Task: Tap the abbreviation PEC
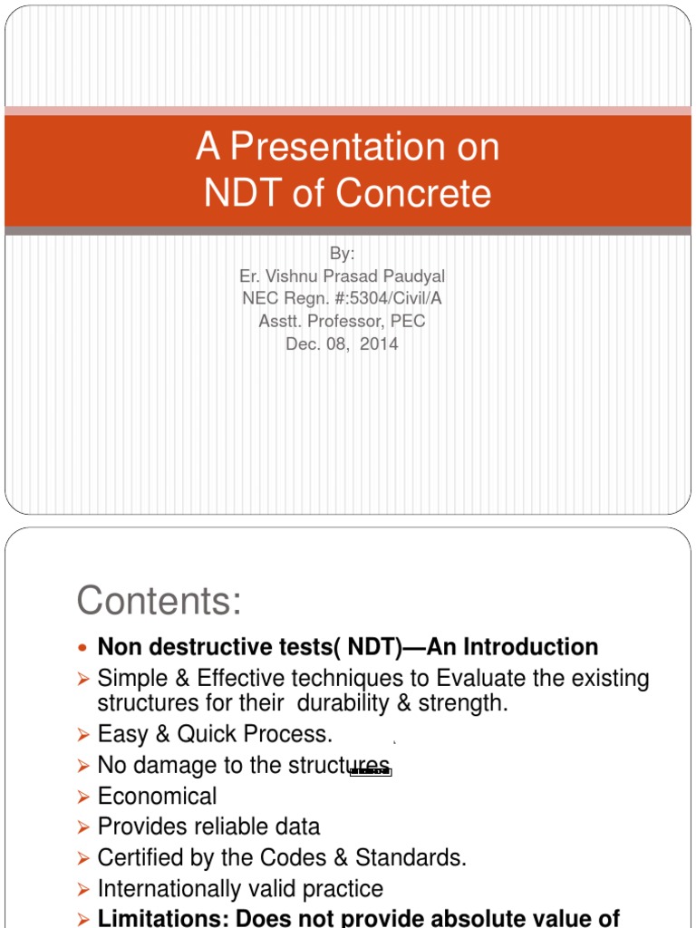click(x=408, y=322)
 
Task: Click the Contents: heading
click(x=159, y=600)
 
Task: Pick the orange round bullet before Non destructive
click(x=83, y=648)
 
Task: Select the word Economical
click(x=157, y=797)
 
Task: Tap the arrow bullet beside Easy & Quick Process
click(x=83, y=734)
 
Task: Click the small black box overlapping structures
click(x=370, y=771)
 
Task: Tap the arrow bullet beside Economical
click(x=83, y=797)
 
